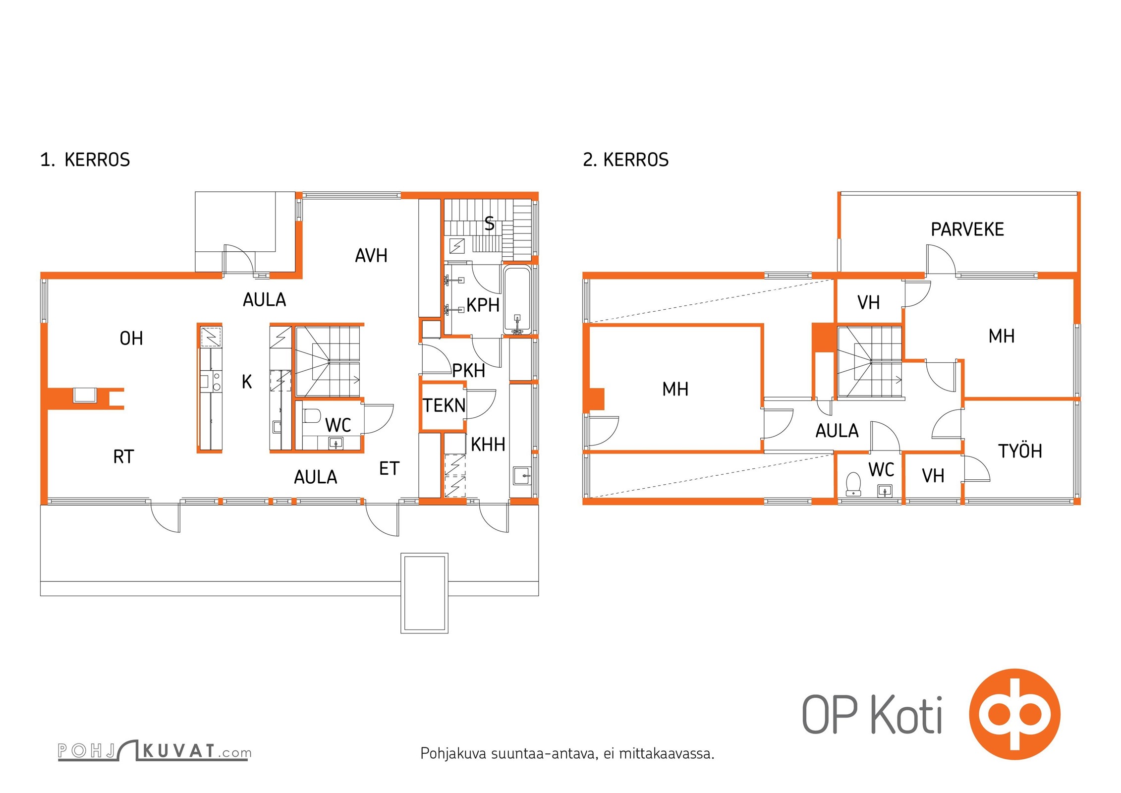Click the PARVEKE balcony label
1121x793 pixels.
pyautogui.click(x=967, y=229)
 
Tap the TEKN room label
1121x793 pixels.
pyautogui.click(x=444, y=405)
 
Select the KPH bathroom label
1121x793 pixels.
pyautogui.click(x=483, y=305)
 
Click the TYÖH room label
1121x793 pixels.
pyautogui.click(x=1020, y=451)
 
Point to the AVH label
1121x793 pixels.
pyautogui.click(x=371, y=256)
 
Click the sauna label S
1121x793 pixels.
pyautogui.click(x=489, y=224)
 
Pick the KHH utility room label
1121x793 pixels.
pyautogui.click(x=488, y=445)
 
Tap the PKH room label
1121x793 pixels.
pyautogui.click(x=468, y=371)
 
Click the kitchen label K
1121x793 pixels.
pyautogui.click(x=247, y=382)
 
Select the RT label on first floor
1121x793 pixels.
pyautogui.click(x=123, y=456)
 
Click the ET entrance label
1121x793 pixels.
pyautogui.click(x=389, y=468)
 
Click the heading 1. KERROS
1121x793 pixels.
pyautogui.click(x=85, y=160)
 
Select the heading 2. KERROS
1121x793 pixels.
pyautogui.click(x=625, y=160)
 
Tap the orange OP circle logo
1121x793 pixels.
pyautogui.click(x=1014, y=714)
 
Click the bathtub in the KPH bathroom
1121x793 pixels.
pyautogui.click(x=517, y=300)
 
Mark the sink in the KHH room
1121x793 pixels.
pyautogui.click(x=521, y=476)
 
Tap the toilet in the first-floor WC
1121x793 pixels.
pyautogui.click(x=312, y=415)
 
